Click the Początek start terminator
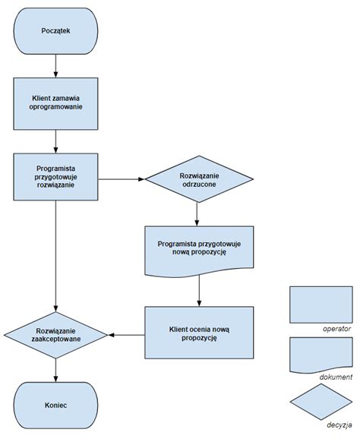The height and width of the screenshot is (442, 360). point(55,30)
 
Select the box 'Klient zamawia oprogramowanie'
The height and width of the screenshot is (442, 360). point(55,103)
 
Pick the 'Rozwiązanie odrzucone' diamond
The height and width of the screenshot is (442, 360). point(199,181)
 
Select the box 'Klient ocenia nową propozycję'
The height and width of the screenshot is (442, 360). point(199,333)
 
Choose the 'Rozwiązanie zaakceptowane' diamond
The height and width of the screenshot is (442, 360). point(55,334)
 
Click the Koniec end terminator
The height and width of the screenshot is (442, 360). point(55,406)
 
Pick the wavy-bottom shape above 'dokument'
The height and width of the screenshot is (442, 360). point(321,353)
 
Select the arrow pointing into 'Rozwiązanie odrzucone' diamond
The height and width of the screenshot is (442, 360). point(122,180)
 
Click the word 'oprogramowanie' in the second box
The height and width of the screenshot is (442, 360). point(55,109)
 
